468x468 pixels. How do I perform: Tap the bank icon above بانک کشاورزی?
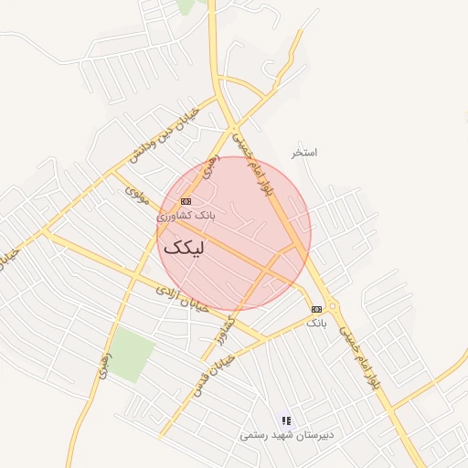tap(186, 201)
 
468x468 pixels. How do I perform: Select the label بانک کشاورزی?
tap(186, 216)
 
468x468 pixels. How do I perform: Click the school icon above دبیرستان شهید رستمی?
tap(286, 420)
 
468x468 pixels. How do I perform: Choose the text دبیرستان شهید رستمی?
tap(287, 435)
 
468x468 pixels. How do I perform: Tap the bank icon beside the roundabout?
tap(316, 309)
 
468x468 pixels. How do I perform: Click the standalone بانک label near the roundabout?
tap(316, 324)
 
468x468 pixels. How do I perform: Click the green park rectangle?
tap(132, 356)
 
